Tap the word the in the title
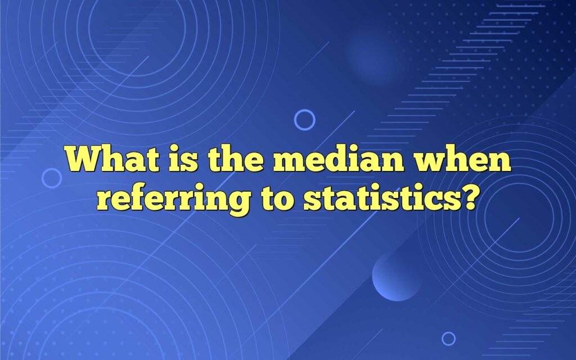(232, 160)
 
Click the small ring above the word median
(305, 120)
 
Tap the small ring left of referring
(52, 178)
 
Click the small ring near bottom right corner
(448, 338)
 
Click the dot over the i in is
(173, 150)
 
